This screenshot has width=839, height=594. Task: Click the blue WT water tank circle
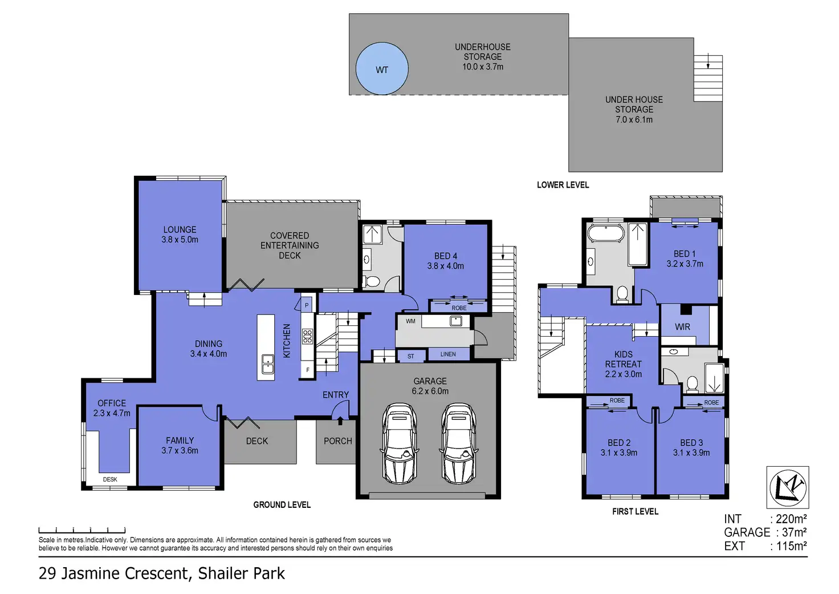(382, 68)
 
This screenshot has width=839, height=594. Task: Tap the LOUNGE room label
(180, 229)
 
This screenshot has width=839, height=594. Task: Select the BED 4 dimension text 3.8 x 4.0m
(445, 266)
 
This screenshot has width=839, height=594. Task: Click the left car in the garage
(400, 443)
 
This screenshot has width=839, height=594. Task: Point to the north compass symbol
(788, 487)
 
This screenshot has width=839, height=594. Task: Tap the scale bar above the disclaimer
(82, 530)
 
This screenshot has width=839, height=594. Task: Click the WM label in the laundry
(410, 321)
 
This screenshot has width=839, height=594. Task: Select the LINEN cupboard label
(448, 354)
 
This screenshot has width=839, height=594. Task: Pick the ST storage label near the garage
(411, 356)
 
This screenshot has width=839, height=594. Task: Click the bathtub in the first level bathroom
(606, 233)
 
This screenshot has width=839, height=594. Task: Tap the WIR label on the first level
(682, 327)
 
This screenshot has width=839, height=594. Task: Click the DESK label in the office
(110, 479)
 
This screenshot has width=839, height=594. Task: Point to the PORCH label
(338, 441)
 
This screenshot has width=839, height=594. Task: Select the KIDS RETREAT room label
(623, 359)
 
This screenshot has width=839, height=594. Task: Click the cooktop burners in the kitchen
(308, 337)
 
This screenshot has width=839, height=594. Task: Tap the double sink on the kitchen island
(268, 363)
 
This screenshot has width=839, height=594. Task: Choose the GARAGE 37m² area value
(793, 532)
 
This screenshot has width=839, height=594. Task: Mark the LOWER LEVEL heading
(563, 185)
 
